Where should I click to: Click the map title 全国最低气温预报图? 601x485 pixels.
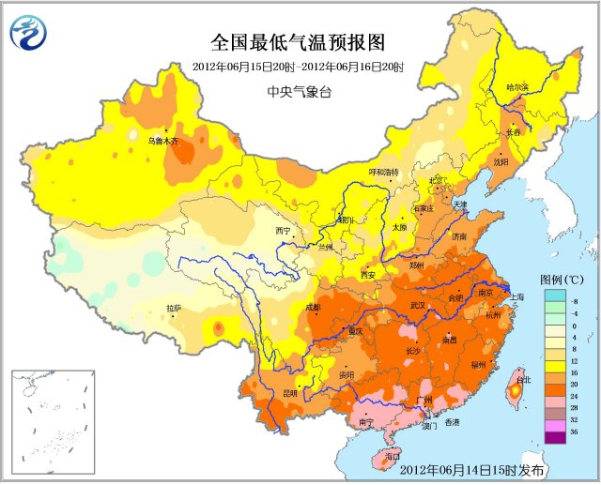click(298, 42)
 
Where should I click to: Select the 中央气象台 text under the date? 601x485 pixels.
click(298, 91)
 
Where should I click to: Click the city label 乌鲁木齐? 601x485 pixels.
click(162, 142)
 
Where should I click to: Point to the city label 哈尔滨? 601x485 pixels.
click(517, 87)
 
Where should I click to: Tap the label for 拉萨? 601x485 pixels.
click(174, 308)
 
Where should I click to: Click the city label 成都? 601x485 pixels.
click(313, 308)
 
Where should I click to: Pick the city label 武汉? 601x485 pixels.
click(418, 306)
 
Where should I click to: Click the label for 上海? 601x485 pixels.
click(516, 296)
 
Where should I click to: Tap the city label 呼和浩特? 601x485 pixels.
click(383, 173)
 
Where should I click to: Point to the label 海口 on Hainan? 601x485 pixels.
click(379, 457)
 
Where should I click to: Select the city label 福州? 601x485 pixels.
click(479, 362)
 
